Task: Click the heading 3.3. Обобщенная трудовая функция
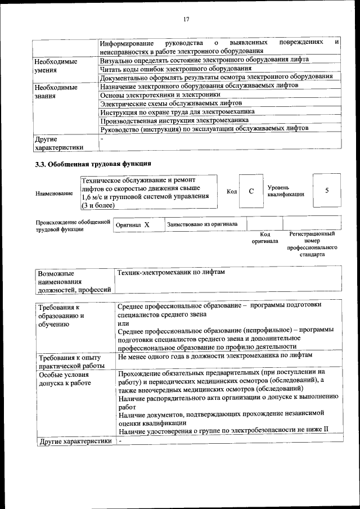[x=93, y=164]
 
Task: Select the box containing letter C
[x=251, y=191]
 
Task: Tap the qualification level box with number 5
[x=326, y=191]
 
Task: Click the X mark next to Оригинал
[x=147, y=224]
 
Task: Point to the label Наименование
[x=54, y=193]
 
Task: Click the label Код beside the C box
[x=231, y=191]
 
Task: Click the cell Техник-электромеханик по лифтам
[x=170, y=272]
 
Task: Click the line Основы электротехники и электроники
[x=160, y=95]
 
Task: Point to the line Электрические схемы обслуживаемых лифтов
[x=170, y=103]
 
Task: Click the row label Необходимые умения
[x=56, y=65]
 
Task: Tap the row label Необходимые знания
[x=56, y=92]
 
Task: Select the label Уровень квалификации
[x=286, y=191]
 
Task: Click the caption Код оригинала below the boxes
[x=265, y=237]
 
